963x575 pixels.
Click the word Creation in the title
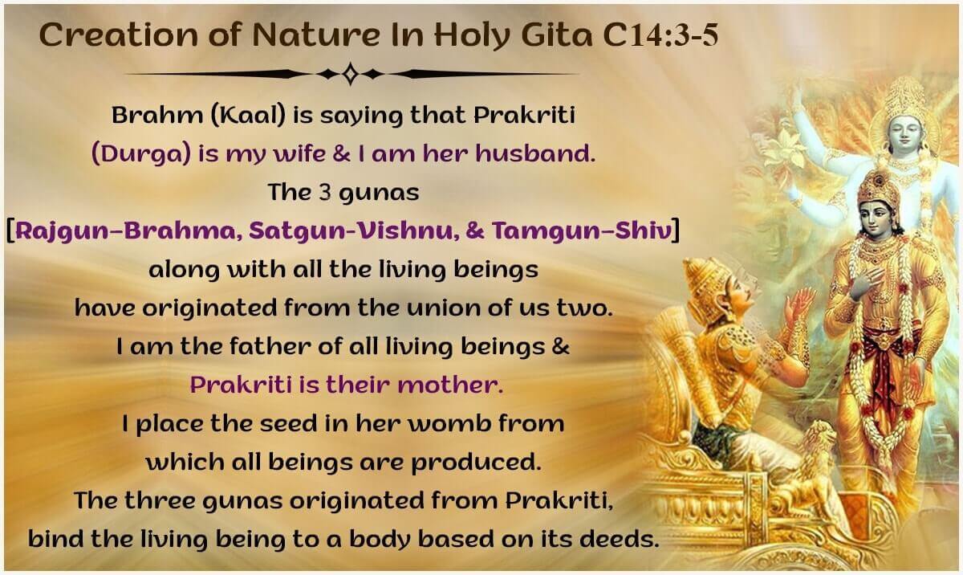point(118,35)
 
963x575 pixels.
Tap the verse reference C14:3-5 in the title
point(660,35)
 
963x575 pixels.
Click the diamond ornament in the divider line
point(351,74)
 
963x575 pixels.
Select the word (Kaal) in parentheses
point(248,115)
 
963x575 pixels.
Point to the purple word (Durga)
point(141,153)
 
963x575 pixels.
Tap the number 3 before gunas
point(326,192)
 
